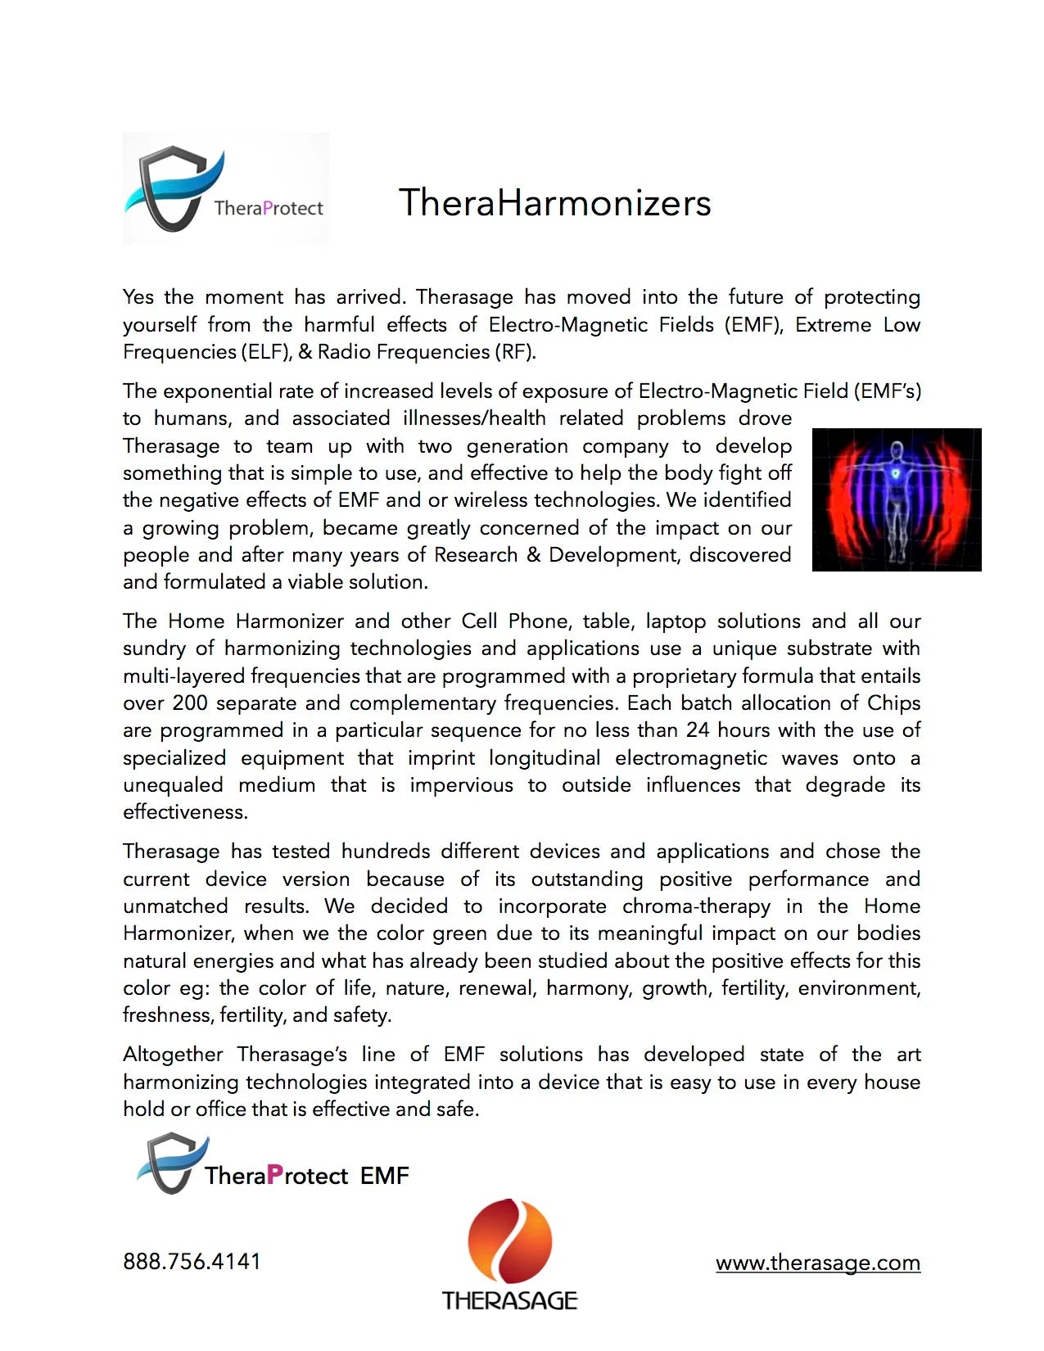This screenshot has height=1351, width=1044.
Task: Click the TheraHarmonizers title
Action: coord(554,203)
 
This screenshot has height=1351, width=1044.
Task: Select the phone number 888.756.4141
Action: coord(192,1261)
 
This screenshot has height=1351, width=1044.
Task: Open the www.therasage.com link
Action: coord(817,1263)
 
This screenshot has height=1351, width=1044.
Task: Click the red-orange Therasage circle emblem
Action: coord(509,1240)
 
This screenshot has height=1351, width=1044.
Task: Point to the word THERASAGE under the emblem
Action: coord(509,1300)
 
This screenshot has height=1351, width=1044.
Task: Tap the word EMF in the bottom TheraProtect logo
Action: coord(384,1176)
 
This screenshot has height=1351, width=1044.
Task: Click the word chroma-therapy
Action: coord(696,906)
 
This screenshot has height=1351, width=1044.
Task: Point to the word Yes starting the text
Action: coord(138,297)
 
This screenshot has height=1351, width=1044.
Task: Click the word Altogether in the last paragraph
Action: coord(173,1055)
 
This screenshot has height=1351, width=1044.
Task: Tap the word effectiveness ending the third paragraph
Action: coord(185,812)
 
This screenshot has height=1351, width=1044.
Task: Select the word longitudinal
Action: coord(544,758)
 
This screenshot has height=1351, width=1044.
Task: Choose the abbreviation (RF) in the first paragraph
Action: coord(513,352)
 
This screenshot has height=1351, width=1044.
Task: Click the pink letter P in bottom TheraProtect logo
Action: coord(275,1175)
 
